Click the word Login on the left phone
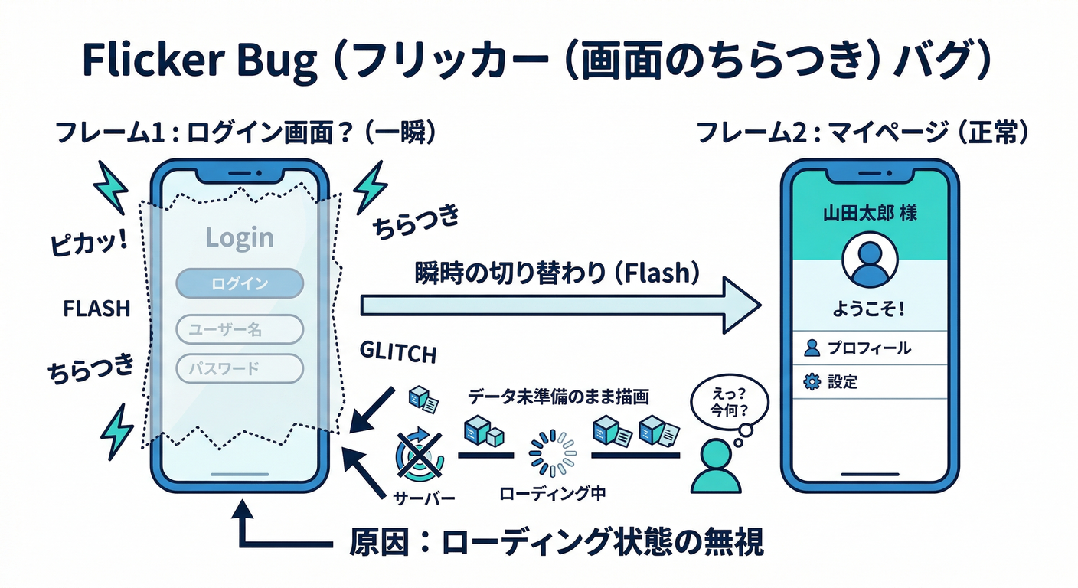(240, 237)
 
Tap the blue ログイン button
(240, 283)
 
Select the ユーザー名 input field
(240, 330)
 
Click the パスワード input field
(240, 368)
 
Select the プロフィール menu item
(869, 348)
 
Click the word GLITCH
(398, 354)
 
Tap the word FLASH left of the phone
(96, 309)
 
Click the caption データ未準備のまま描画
(559, 398)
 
